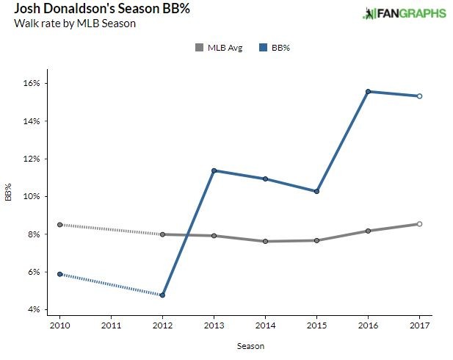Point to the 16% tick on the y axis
[33, 83]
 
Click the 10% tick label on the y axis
[33, 196]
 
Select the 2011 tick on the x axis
[111, 325]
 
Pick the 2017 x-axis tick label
[419, 325]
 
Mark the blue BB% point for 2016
[368, 91]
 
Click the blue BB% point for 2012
[162, 295]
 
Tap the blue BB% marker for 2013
[214, 170]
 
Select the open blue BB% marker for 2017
[419, 96]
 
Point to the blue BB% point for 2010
[59, 274]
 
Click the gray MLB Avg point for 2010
[59, 225]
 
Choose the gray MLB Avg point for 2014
[265, 241]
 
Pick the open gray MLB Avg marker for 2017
[419, 224]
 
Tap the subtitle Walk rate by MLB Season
[65, 24]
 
